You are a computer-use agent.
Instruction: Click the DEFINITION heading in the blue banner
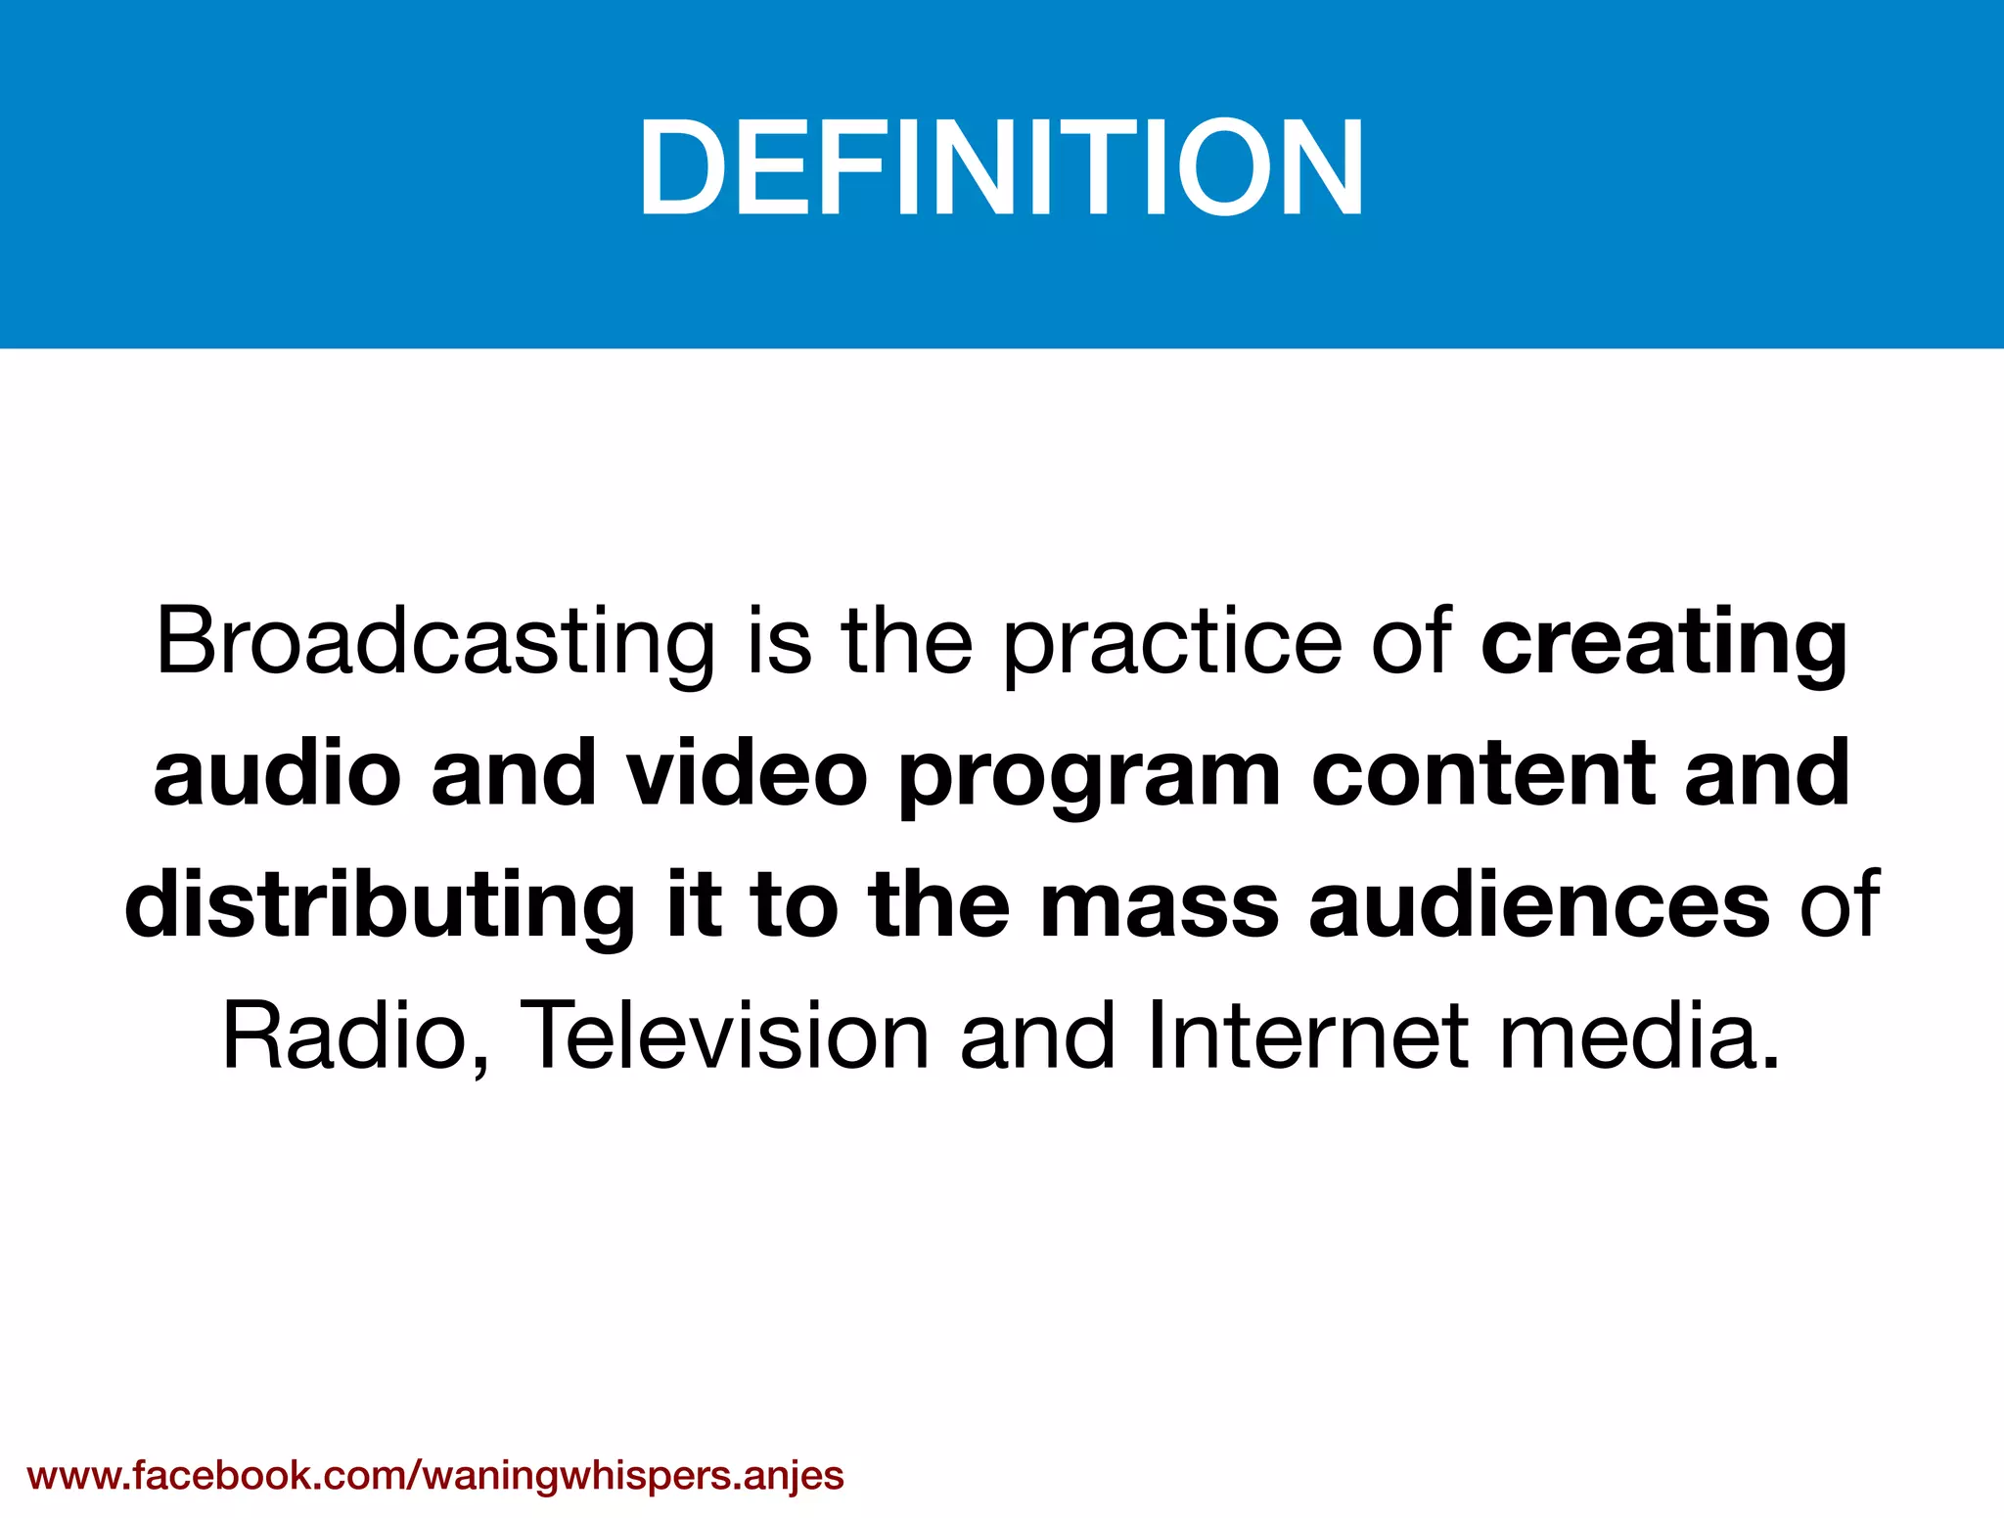point(1001,166)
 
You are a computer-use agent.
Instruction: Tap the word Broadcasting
point(435,644)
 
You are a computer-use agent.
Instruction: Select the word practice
point(1173,644)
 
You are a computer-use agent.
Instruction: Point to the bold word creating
point(1664,644)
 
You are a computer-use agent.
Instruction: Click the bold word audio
point(277,773)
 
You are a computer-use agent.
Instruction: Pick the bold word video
point(747,773)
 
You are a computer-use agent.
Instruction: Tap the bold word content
point(1482,773)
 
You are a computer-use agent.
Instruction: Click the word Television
point(723,1035)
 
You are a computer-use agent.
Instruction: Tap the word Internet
point(1307,1035)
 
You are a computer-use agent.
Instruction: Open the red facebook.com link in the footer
point(435,1474)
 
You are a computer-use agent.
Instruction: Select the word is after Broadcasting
point(779,644)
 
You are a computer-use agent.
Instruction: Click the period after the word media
point(1768,1062)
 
